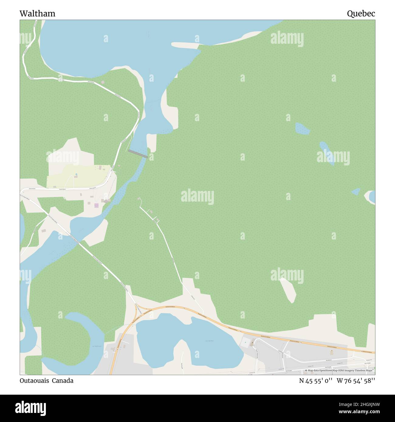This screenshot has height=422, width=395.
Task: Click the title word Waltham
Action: [x=37, y=14]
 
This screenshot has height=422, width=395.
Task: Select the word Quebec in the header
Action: [x=361, y=14]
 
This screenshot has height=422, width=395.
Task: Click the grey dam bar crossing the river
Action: [x=138, y=153]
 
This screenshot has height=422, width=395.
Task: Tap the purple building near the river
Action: [x=96, y=206]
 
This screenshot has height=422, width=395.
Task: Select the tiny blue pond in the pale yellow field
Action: [x=76, y=174]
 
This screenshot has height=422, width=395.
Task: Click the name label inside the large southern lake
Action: [x=209, y=341]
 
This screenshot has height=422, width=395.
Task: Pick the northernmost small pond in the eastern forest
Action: [x=302, y=128]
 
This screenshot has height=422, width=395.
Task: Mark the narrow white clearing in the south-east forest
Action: [x=288, y=290]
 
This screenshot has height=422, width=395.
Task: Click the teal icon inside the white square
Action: [x=245, y=343]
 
